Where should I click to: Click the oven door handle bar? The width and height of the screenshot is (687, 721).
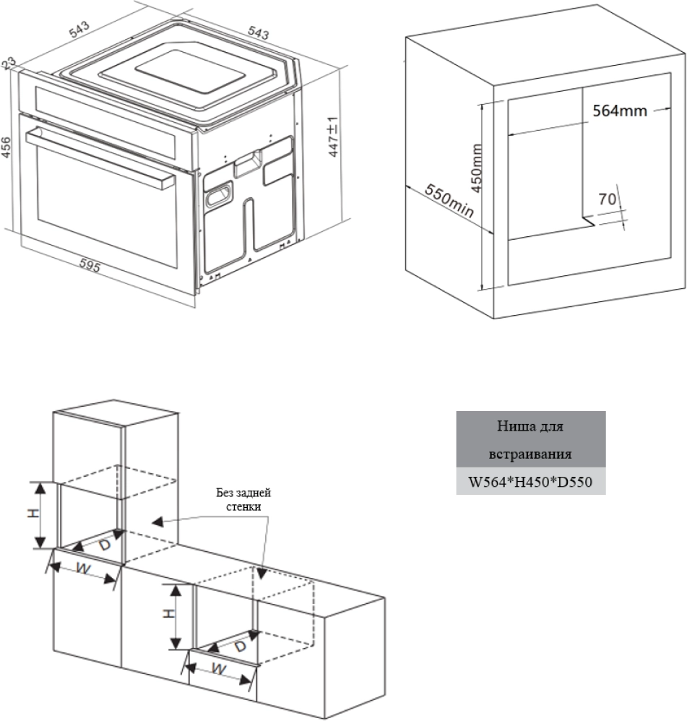98,155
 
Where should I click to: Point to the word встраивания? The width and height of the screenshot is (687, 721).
530,455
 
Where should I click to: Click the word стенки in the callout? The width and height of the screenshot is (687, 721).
243,506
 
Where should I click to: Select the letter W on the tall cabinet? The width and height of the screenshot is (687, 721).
83,569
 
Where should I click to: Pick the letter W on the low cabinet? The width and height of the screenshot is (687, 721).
221,670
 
